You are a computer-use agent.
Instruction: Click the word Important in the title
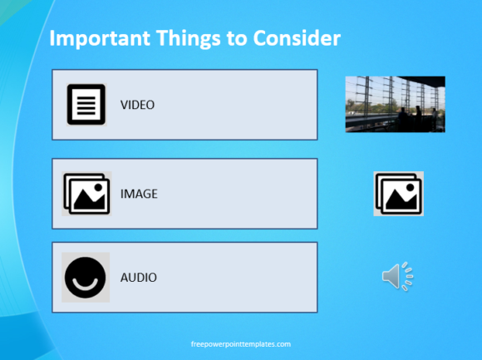(x=100, y=39)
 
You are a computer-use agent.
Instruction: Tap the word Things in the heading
(x=189, y=39)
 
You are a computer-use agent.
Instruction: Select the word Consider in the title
(x=297, y=38)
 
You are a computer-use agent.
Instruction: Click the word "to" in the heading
(x=237, y=39)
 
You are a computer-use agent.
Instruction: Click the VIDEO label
(x=137, y=105)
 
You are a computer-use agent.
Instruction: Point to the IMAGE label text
(x=139, y=194)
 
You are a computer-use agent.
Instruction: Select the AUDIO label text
(x=138, y=278)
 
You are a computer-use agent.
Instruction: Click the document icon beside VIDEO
(x=86, y=105)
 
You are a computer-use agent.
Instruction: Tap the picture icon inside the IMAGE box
(x=86, y=194)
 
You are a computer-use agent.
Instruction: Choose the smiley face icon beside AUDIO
(x=86, y=278)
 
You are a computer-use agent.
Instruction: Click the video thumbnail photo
(x=395, y=104)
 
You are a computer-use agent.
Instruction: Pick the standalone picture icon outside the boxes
(x=398, y=194)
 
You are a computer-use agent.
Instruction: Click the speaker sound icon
(x=397, y=276)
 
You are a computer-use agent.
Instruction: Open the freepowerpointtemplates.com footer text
(x=241, y=344)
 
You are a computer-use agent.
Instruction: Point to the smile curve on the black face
(x=85, y=284)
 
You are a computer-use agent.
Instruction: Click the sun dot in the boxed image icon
(x=98, y=187)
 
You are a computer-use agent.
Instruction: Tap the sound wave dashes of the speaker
(x=407, y=276)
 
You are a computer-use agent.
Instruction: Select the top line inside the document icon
(x=86, y=98)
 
